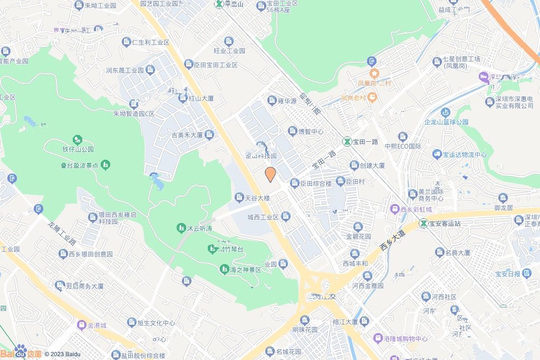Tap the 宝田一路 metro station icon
347,141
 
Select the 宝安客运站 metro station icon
423,223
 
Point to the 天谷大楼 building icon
239,198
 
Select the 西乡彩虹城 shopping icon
394,209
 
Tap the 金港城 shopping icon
81,325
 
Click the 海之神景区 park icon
224,269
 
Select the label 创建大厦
373,166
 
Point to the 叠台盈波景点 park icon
105,165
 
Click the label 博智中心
311,131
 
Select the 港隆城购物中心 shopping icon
378,338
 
